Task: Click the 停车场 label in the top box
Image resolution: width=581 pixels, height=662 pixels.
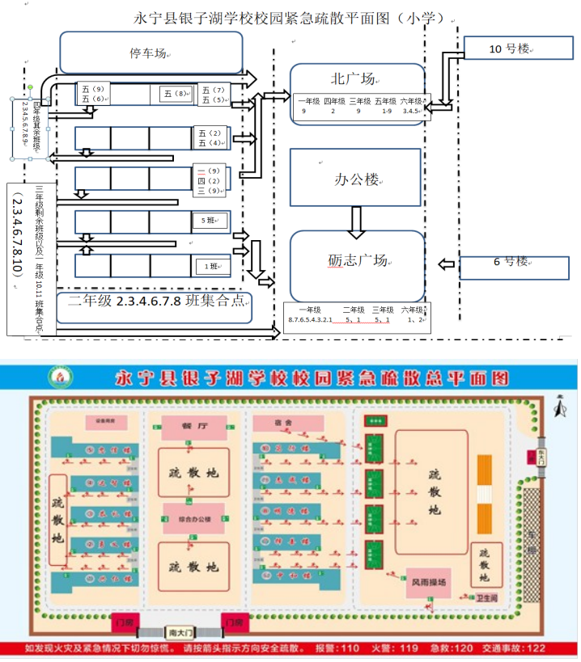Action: point(151,53)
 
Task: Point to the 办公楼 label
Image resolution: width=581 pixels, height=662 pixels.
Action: point(357,180)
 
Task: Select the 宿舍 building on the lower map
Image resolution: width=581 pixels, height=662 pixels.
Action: point(282,424)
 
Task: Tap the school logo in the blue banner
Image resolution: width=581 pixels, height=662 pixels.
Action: point(59,377)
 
